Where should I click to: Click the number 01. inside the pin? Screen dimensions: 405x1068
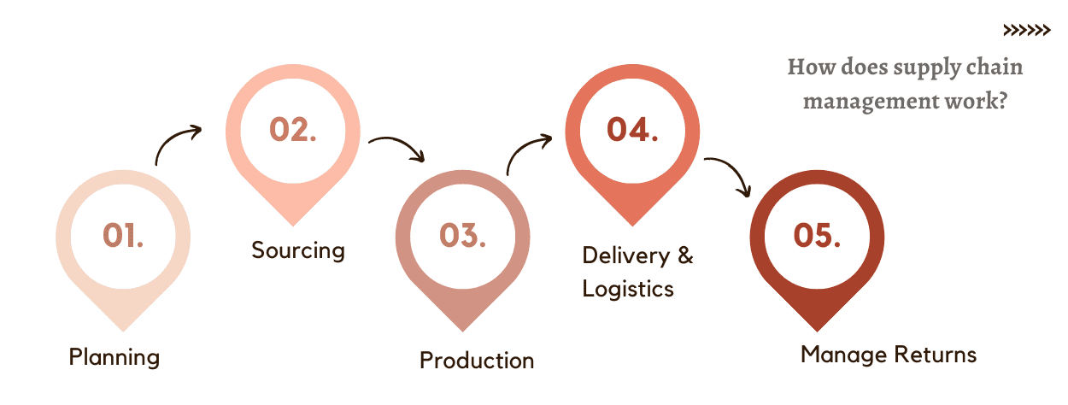tap(123, 235)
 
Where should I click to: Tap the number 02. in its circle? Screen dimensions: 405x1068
tap(293, 129)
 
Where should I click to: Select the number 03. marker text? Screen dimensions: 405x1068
tap(463, 235)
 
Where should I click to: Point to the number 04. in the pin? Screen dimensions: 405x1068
tap(632, 129)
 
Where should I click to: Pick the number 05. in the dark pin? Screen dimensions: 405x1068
tap(817, 235)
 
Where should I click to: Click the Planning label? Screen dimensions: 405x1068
tap(114, 357)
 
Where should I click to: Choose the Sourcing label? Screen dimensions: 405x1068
tap(298, 250)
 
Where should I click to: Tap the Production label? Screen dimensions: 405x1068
tap(477, 361)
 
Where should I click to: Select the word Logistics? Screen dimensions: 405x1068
tap(628, 289)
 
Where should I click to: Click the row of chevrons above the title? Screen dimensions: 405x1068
tap(1026, 31)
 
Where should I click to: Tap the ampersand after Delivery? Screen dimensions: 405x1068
tap(684, 255)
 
